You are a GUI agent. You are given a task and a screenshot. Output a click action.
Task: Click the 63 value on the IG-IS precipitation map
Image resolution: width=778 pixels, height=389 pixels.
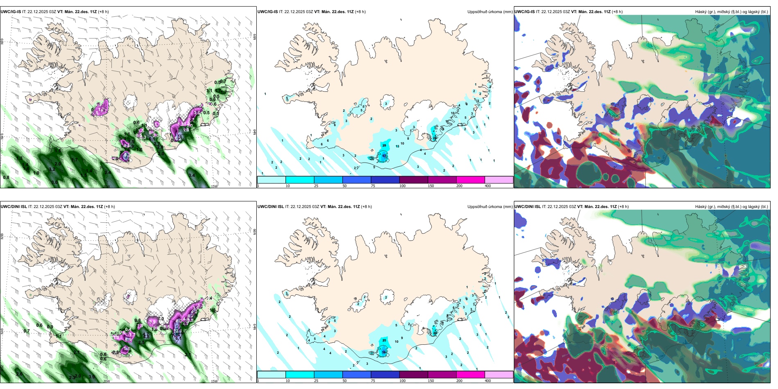coord(384,156)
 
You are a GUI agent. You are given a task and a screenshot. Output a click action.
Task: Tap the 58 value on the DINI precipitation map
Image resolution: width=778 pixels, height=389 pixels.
coord(384,352)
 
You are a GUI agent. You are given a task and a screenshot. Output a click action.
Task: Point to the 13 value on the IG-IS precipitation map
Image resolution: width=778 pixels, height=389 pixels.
coord(397,146)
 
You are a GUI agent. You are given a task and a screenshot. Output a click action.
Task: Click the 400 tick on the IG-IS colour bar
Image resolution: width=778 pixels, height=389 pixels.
coord(488,186)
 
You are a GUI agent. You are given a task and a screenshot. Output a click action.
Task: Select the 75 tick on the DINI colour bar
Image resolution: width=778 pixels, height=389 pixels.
coord(373,381)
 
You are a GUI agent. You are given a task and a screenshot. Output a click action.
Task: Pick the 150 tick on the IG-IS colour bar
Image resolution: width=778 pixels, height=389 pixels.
coord(431,186)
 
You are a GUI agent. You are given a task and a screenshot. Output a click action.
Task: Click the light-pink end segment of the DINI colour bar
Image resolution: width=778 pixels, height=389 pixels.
coord(499,375)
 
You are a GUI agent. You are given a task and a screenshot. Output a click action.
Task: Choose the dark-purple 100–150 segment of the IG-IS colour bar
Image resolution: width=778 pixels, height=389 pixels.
coord(414,180)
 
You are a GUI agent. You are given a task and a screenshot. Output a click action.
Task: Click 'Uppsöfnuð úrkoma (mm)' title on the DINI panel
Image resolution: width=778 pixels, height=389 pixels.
coord(490,207)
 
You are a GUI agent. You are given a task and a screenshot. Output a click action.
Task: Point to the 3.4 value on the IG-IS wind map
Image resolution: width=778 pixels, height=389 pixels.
coord(191,175)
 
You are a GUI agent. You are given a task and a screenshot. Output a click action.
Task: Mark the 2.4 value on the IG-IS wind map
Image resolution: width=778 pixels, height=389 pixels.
coord(107,172)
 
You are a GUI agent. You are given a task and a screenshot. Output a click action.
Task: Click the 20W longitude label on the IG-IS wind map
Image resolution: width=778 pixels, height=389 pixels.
coord(106,186)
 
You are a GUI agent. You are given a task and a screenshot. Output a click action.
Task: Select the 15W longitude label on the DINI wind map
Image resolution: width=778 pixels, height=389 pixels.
coord(214,381)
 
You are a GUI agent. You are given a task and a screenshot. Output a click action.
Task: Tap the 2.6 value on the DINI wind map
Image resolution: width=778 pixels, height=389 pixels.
coord(19,374)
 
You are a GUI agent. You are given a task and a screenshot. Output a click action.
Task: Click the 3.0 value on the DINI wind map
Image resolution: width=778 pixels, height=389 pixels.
coord(92,377)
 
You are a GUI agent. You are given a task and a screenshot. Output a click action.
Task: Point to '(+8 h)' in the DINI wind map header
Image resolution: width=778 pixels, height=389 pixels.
coord(109,207)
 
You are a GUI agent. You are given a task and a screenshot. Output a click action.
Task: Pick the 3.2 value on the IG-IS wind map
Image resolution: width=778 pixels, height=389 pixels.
coord(52,169)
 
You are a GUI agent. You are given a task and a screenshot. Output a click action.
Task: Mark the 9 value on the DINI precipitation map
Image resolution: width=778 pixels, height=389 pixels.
coord(402,338)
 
